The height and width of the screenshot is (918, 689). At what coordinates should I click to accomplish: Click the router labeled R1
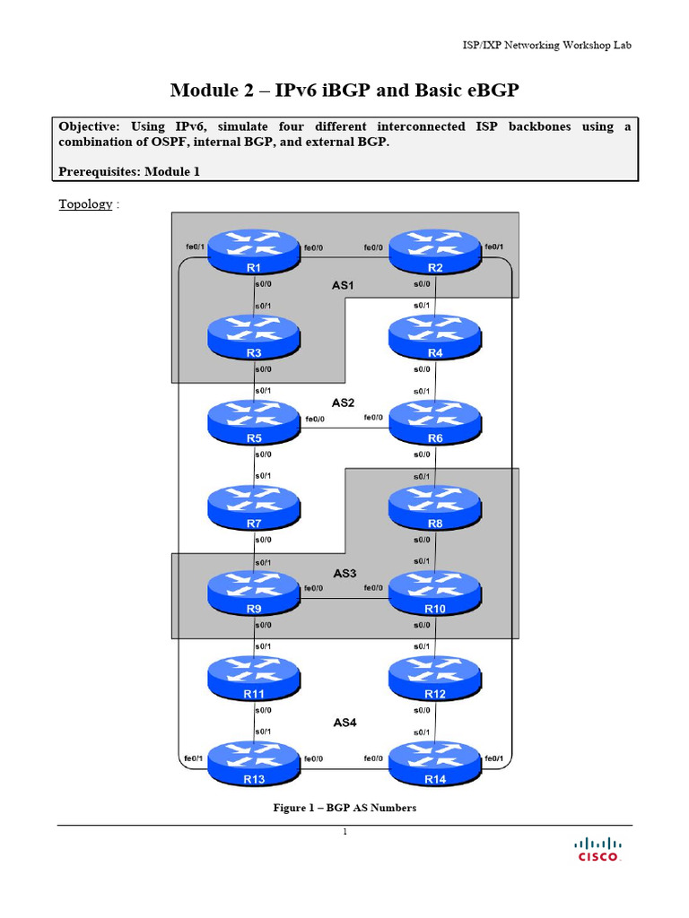pos(254,253)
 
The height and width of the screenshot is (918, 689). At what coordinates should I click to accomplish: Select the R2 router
pos(435,253)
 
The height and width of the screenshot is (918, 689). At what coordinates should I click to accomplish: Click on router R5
pos(254,422)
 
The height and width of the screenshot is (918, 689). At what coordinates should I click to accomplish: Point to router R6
pos(435,422)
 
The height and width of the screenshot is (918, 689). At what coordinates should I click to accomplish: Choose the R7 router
pos(254,507)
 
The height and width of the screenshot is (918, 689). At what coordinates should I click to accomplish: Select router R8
pos(435,507)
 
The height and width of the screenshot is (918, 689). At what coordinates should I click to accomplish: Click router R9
pos(254,593)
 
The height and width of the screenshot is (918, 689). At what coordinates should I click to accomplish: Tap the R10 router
pos(435,593)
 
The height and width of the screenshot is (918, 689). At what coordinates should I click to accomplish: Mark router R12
pos(435,678)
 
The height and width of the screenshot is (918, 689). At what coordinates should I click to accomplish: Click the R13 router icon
pos(254,763)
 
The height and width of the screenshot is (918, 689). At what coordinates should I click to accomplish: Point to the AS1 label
pos(344,285)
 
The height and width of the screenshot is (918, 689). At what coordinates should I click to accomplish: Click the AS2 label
pos(344,403)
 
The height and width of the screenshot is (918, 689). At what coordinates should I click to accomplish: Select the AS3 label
pos(344,573)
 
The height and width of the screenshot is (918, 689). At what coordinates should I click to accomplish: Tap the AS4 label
pos(344,720)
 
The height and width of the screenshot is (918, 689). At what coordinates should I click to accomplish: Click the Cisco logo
pos(597,849)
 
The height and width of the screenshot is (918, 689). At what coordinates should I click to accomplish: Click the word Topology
pos(85,204)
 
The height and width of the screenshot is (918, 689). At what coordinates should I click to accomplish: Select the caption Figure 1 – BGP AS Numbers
pos(344,808)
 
